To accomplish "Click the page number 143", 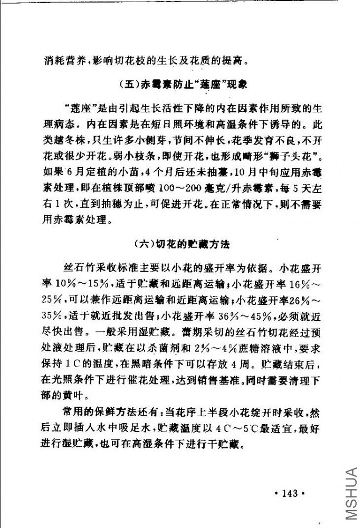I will [290, 494].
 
